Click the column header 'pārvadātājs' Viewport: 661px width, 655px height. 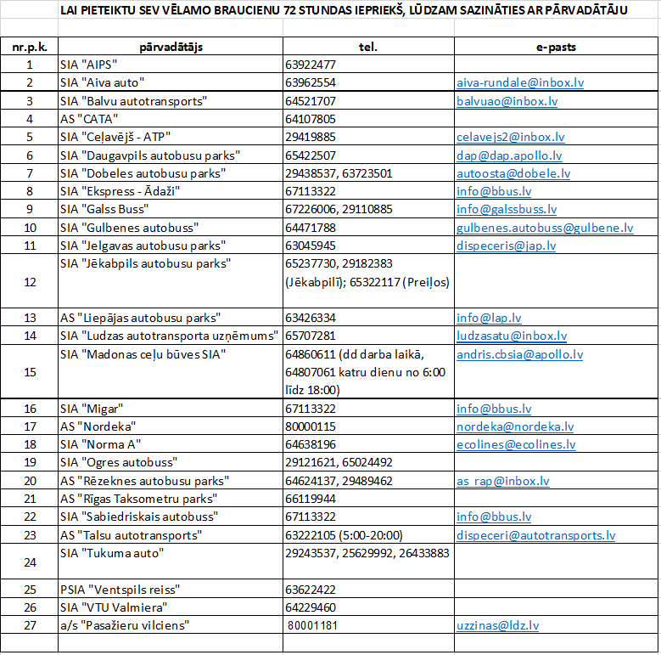pyautogui.click(x=171, y=48)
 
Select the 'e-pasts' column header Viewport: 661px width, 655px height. pyautogui.click(x=556, y=48)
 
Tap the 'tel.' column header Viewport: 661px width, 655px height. pyautogui.click(x=368, y=48)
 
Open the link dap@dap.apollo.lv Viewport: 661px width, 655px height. pyautogui.click(x=509, y=155)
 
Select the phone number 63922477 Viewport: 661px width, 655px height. pyautogui.click(x=311, y=65)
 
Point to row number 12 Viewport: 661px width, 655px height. pyautogui.click(x=30, y=281)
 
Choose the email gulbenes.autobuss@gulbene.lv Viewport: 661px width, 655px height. pyautogui.click(x=545, y=228)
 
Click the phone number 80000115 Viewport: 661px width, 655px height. pyautogui.click(x=311, y=426)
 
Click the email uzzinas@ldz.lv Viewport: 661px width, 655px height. pyautogui.click(x=497, y=625)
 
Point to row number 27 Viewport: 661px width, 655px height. pyautogui.click(x=30, y=625)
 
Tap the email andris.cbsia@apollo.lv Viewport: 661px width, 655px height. pyautogui.click(x=519, y=354)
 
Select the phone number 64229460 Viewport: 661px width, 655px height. pyautogui.click(x=311, y=607)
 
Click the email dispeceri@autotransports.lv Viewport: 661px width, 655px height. pyautogui.click(x=535, y=535)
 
